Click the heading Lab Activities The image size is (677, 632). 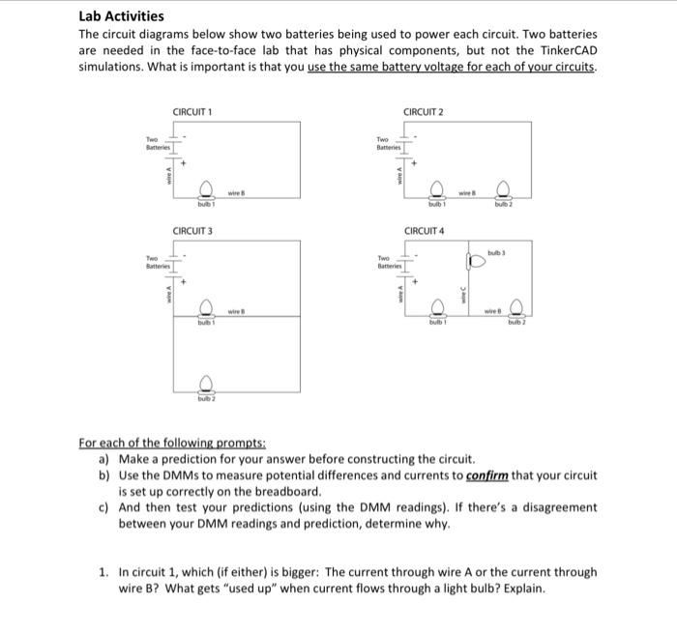(x=121, y=15)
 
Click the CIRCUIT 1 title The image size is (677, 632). (x=192, y=112)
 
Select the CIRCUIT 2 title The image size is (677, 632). (x=424, y=112)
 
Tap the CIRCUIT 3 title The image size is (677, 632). (x=192, y=231)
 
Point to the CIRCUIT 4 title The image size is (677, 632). (x=424, y=231)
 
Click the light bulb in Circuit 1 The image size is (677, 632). (x=205, y=190)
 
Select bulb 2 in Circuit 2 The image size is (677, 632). (x=502, y=190)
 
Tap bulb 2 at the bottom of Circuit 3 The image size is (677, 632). (x=205, y=384)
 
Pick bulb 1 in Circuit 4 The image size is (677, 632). (x=436, y=309)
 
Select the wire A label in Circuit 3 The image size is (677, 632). (x=168, y=294)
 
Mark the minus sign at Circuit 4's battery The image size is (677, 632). (x=417, y=255)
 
